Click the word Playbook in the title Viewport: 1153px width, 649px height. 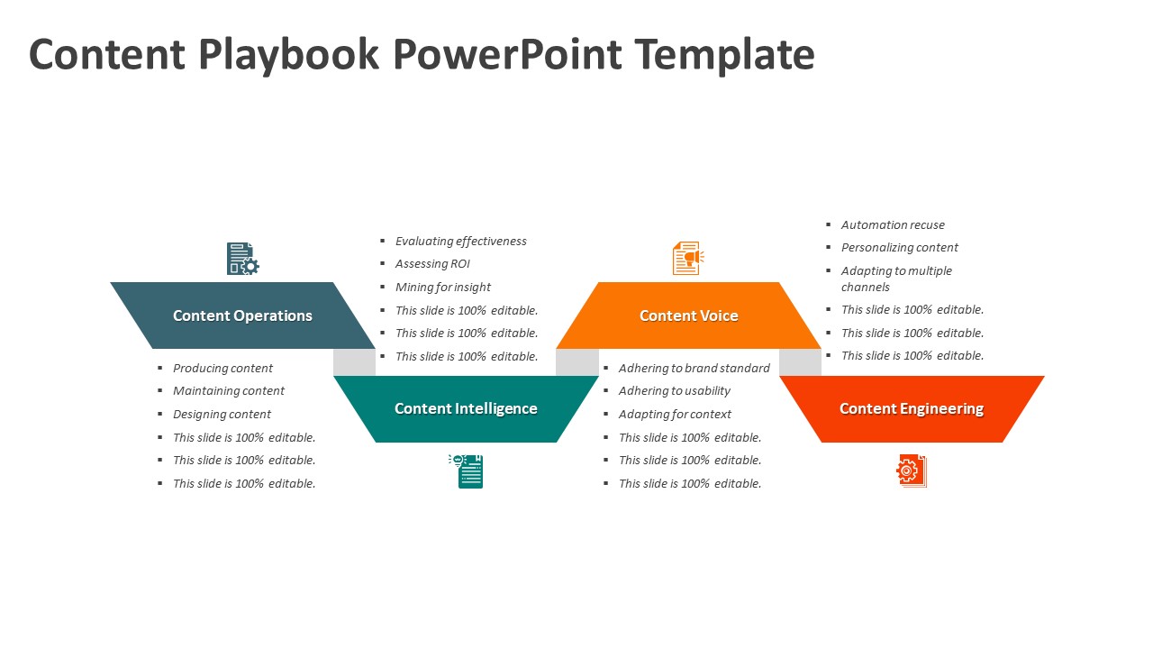[287, 55]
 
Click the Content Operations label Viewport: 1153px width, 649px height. [242, 315]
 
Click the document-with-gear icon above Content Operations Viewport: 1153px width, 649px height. [242, 259]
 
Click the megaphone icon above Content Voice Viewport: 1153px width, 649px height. [688, 259]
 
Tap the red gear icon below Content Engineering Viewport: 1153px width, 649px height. [911, 471]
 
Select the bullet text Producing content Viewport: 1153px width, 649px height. [222, 368]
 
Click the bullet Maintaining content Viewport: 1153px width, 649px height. [229, 391]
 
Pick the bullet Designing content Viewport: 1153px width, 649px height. [222, 415]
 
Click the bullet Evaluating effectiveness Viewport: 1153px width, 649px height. [460, 241]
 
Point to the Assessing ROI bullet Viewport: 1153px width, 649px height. [432, 264]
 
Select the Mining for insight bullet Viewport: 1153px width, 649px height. [442, 288]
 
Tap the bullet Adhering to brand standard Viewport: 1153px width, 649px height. [694, 368]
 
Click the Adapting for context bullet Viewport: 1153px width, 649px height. [675, 415]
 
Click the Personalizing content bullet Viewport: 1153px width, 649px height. [899, 248]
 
